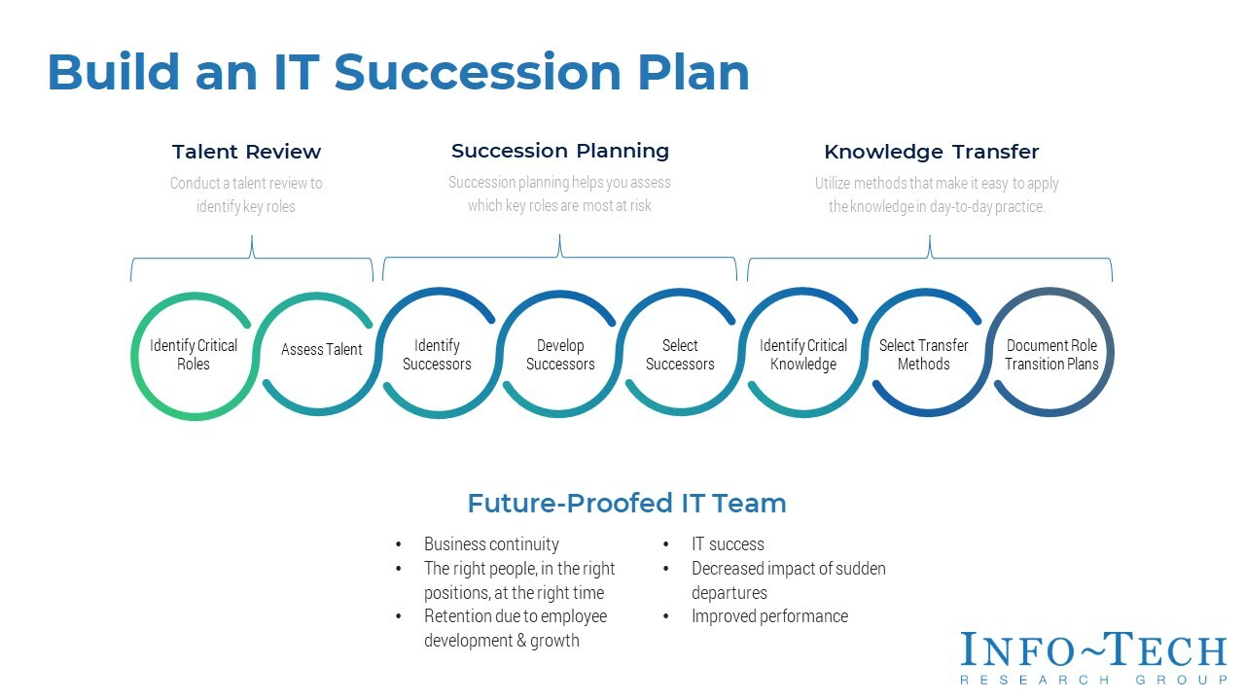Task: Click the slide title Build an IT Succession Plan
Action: click(398, 73)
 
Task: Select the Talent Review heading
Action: click(246, 152)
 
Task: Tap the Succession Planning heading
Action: click(559, 151)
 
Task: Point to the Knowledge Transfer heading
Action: click(931, 152)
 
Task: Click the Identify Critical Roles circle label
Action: click(194, 355)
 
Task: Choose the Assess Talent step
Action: click(321, 350)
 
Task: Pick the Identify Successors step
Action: click(437, 355)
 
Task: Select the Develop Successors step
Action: click(560, 355)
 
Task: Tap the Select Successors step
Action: click(680, 355)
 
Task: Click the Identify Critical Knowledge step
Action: click(803, 355)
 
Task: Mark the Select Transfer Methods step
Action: click(923, 355)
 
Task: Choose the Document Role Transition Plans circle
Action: click(1051, 355)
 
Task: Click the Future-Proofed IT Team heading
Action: click(626, 504)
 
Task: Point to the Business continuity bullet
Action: click(491, 544)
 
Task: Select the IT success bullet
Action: click(728, 544)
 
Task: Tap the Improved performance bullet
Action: click(769, 616)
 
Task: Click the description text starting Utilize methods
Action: click(936, 194)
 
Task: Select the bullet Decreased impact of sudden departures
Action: click(788, 580)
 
